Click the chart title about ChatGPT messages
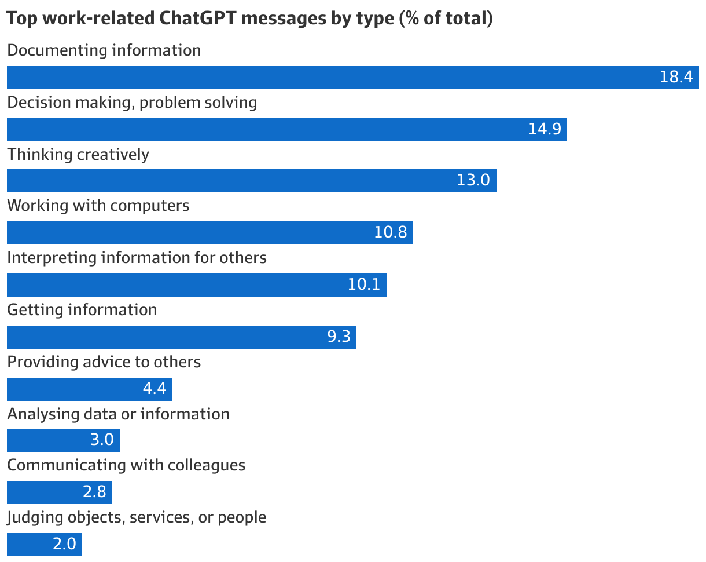tap(249, 19)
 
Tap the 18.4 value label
tap(676, 77)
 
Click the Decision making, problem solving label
tap(132, 103)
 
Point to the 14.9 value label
tap(545, 129)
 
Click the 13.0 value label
tap(473, 180)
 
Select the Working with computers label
tap(98, 205)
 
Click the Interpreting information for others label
tap(137, 257)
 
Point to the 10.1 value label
tap(364, 284)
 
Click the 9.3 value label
tap(339, 337)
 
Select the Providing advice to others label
tap(104, 362)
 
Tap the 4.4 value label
tap(155, 388)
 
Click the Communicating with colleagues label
tap(126, 465)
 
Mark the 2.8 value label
tap(94, 492)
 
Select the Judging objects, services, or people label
tap(137, 517)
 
